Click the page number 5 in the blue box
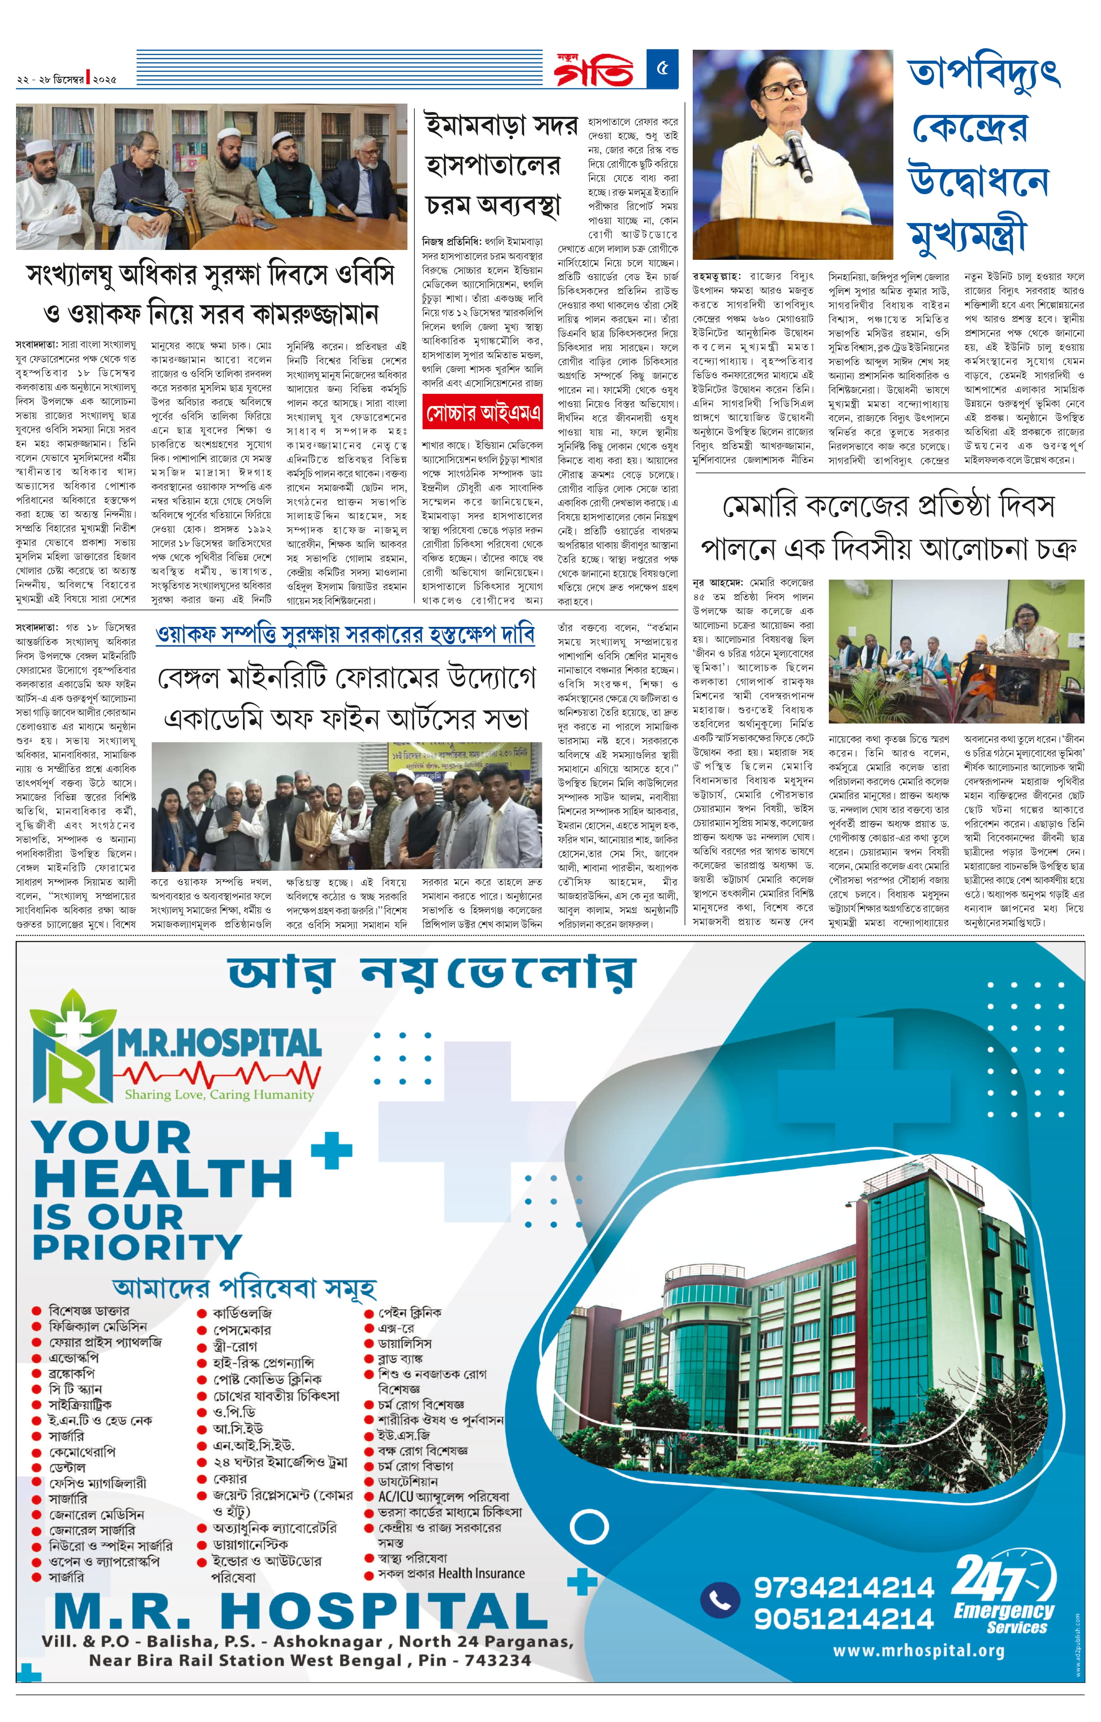coord(662,69)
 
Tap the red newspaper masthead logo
coord(593,69)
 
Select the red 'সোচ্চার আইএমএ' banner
coord(482,413)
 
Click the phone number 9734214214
coord(844,1588)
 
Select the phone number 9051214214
coord(844,1619)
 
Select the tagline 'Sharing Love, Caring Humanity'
coord(219,1094)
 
